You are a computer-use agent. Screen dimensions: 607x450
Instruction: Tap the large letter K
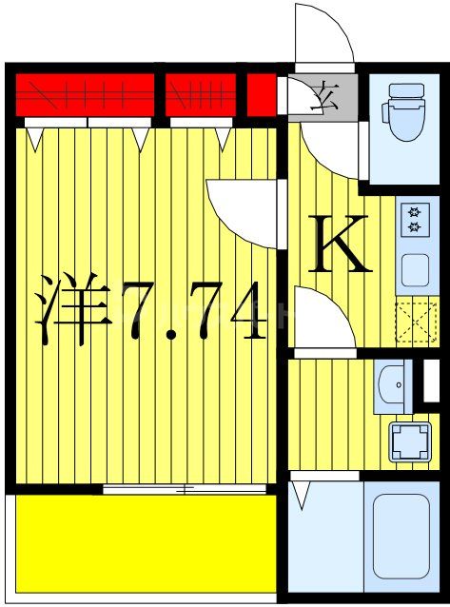[x=339, y=244]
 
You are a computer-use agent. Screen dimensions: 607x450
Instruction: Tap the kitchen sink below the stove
[x=415, y=270]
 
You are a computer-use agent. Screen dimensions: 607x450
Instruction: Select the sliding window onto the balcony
[x=185, y=490]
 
